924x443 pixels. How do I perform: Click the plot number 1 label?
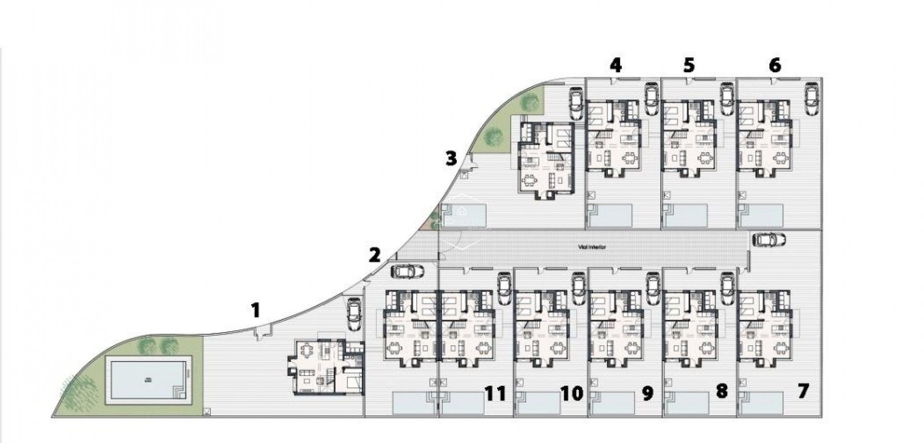pyautogui.click(x=256, y=311)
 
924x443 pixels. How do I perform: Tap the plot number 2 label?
pyautogui.click(x=374, y=255)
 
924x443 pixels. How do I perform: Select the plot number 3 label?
pyautogui.click(x=451, y=158)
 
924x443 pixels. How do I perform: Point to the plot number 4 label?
pyautogui.click(x=616, y=65)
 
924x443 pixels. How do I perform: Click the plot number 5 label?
pyautogui.click(x=689, y=65)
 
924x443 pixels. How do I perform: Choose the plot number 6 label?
pyautogui.click(x=775, y=65)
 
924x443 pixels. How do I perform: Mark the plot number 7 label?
pyautogui.click(x=803, y=391)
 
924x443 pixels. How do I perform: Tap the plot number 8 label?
pyautogui.click(x=721, y=391)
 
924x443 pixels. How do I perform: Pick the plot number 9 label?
pyautogui.click(x=648, y=393)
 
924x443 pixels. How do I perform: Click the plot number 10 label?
pyautogui.click(x=572, y=393)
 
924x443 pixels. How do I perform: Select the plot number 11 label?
pyautogui.click(x=495, y=393)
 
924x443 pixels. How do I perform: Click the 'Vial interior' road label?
pyautogui.click(x=592, y=247)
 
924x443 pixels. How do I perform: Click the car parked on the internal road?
pyautogui.click(x=769, y=239)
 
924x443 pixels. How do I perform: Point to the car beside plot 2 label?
pyautogui.click(x=408, y=272)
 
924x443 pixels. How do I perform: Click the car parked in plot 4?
pyautogui.click(x=651, y=99)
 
